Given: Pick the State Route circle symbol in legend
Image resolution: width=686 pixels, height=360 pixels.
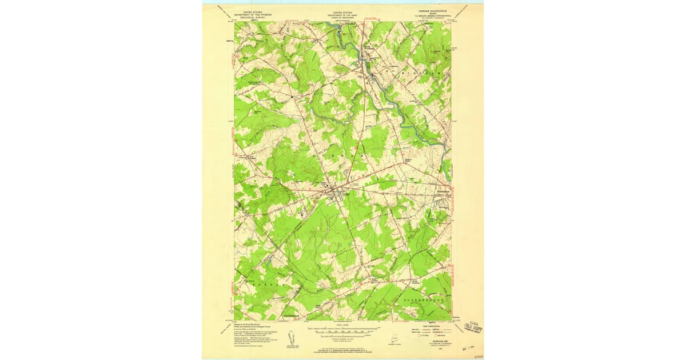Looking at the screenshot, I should [434, 335].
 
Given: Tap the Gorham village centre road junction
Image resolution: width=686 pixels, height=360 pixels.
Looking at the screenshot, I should [337, 190].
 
